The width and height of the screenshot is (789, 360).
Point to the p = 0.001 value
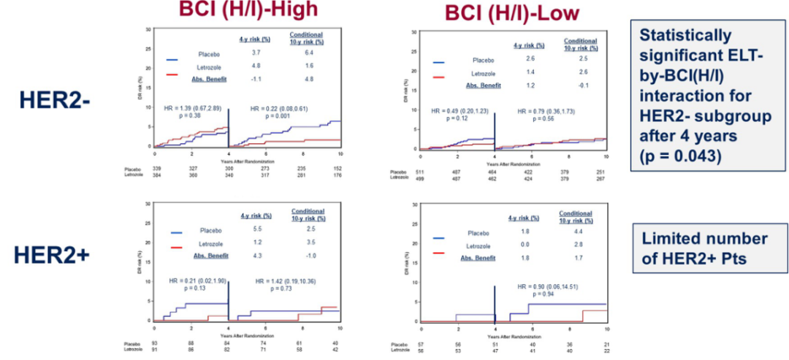(x=277, y=116)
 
